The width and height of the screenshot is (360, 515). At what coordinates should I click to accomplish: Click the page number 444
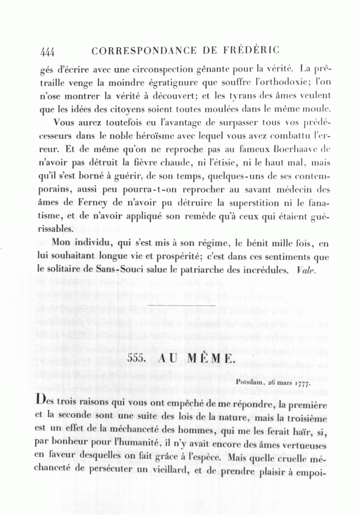click(x=47, y=52)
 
